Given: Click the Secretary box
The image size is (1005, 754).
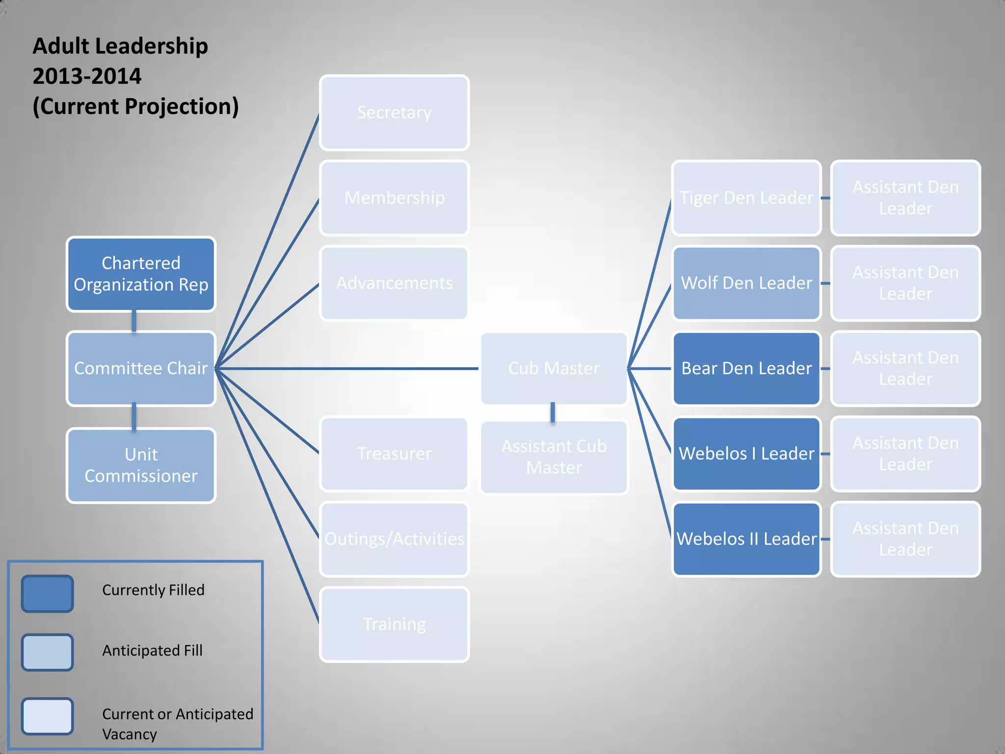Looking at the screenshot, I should pyautogui.click(x=394, y=112).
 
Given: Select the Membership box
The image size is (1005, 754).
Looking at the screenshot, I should pyautogui.click(x=394, y=198).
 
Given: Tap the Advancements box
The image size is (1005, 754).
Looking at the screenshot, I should pyautogui.click(x=394, y=283).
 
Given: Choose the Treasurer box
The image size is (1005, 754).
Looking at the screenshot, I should pyautogui.click(x=394, y=454).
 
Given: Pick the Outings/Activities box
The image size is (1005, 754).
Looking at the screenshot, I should pyautogui.click(x=394, y=539).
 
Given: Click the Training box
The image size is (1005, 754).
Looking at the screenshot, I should pyautogui.click(x=394, y=624).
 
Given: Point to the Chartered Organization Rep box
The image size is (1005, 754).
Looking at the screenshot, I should pyautogui.click(x=141, y=274).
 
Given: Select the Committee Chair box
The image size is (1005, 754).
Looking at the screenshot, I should pyautogui.click(x=141, y=368).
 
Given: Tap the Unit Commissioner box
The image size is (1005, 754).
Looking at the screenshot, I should pyautogui.click(x=141, y=465).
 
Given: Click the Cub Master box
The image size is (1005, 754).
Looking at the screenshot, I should pyautogui.click(x=554, y=368).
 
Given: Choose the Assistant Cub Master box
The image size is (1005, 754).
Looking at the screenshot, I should pyautogui.click(x=554, y=457).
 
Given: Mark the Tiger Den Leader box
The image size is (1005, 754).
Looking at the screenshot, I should pyautogui.click(x=746, y=198).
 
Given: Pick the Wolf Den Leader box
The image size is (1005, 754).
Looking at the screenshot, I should pyautogui.click(x=746, y=283).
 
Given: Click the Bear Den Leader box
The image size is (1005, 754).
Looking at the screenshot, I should pyautogui.click(x=746, y=368).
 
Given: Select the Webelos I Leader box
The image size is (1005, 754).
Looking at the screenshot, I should pyautogui.click(x=746, y=454).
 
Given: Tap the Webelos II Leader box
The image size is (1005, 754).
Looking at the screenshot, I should pyautogui.click(x=746, y=539).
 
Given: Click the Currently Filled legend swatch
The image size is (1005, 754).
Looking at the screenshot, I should pyautogui.click(x=47, y=593).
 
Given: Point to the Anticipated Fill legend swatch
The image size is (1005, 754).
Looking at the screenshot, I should pyautogui.click(x=47, y=652).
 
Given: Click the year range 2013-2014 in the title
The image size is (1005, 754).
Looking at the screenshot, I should pyautogui.click(x=87, y=76).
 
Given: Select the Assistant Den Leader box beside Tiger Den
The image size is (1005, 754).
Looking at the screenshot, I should pyautogui.click(x=905, y=198).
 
